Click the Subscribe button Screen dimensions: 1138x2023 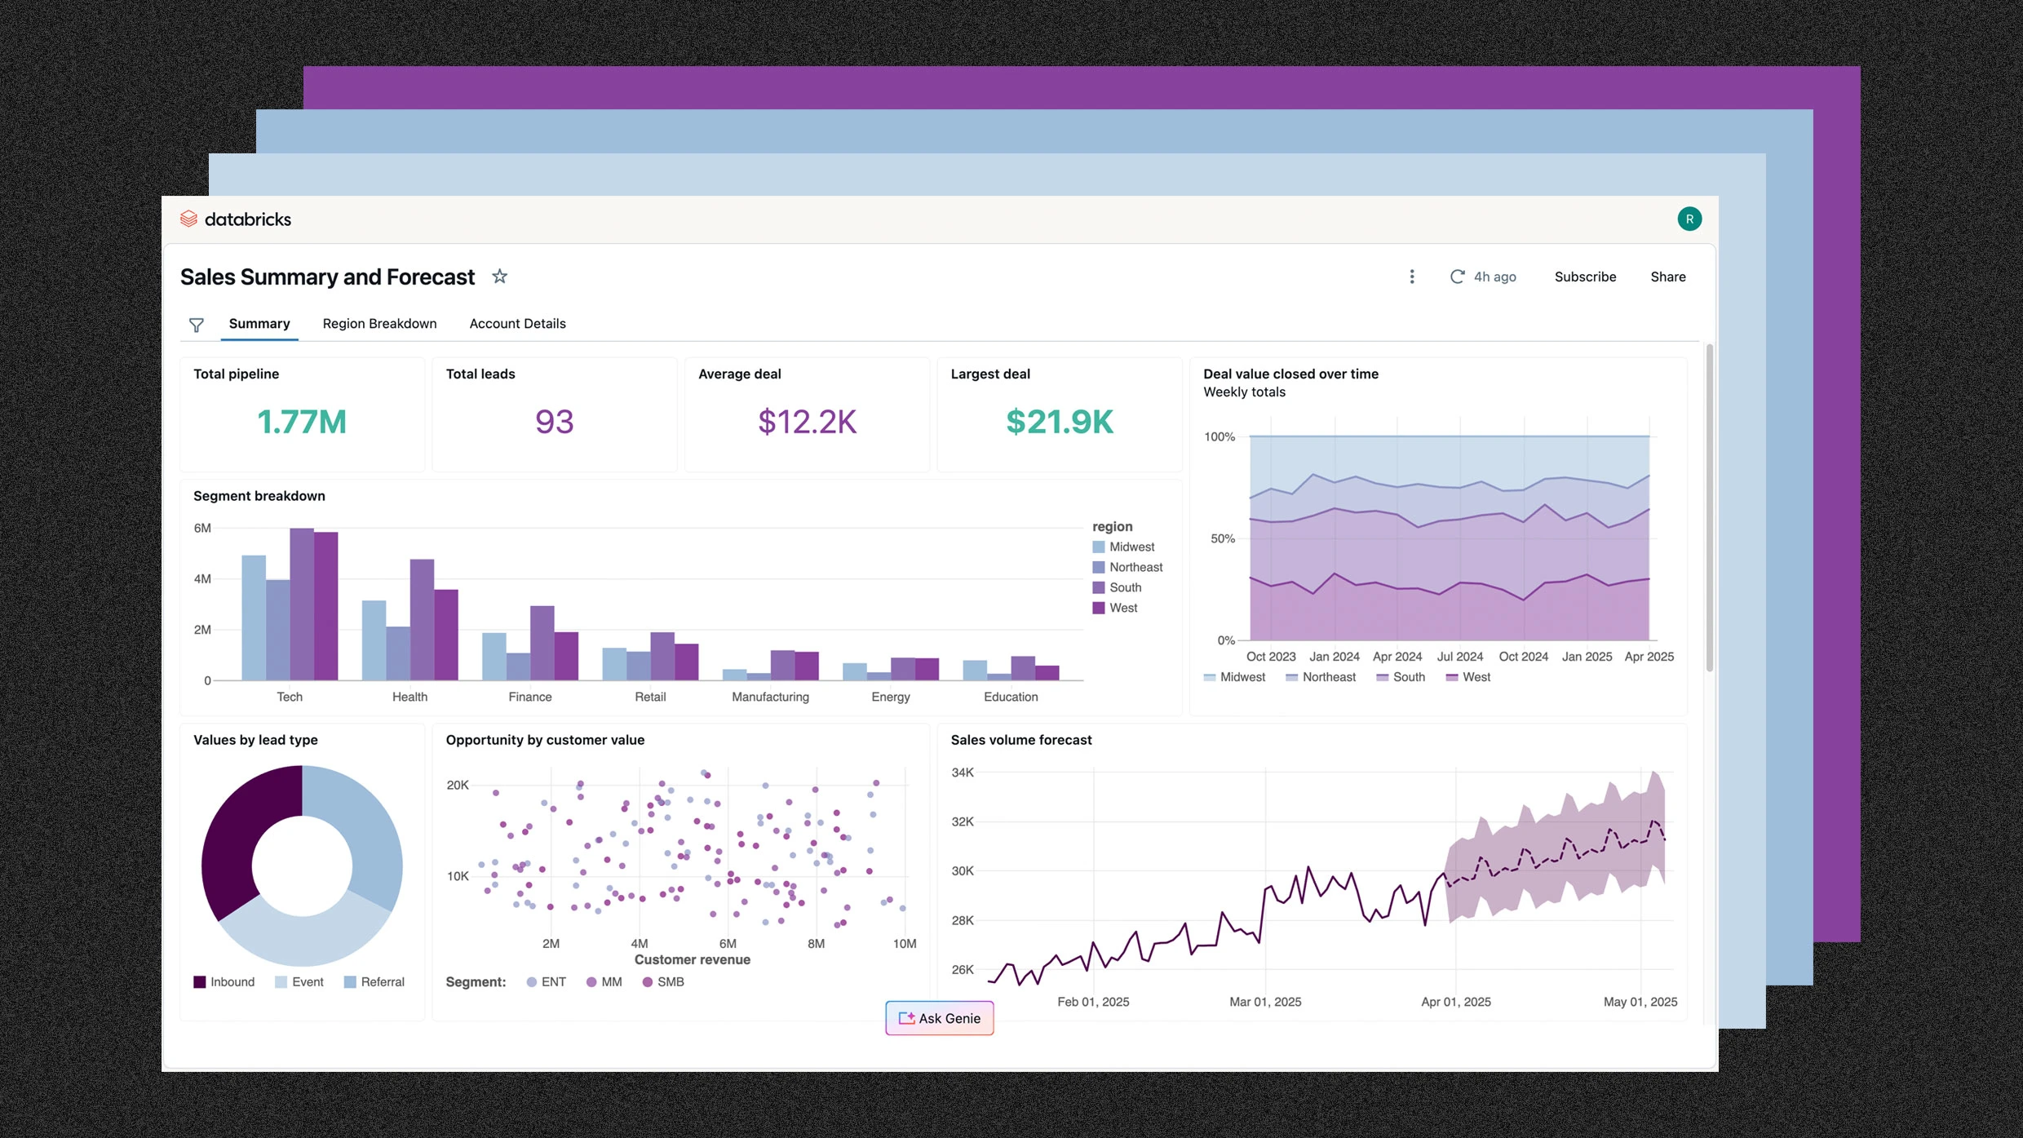(x=1584, y=277)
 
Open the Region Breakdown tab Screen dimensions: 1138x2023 (x=379, y=324)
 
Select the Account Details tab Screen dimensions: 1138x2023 (x=517, y=324)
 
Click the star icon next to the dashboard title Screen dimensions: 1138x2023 (x=499, y=277)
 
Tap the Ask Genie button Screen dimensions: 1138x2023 (x=939, y=1018)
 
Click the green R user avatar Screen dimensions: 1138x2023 (x=1689, y=219)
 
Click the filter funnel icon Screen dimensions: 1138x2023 (x=197, y=325)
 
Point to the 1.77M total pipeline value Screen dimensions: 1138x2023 (x=301, y=422)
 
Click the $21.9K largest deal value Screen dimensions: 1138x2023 (x=1059, y=422)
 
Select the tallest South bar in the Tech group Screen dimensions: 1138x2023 (x=302, y=604)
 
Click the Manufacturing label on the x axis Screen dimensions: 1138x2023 (x=770, y=697)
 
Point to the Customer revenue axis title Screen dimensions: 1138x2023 (x=692, y=960)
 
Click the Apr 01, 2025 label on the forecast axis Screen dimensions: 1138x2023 (x=1455, y=1002)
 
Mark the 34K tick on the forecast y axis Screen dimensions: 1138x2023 (x=963, y=773)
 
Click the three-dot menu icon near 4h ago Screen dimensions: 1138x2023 (x=1411, y=277)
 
